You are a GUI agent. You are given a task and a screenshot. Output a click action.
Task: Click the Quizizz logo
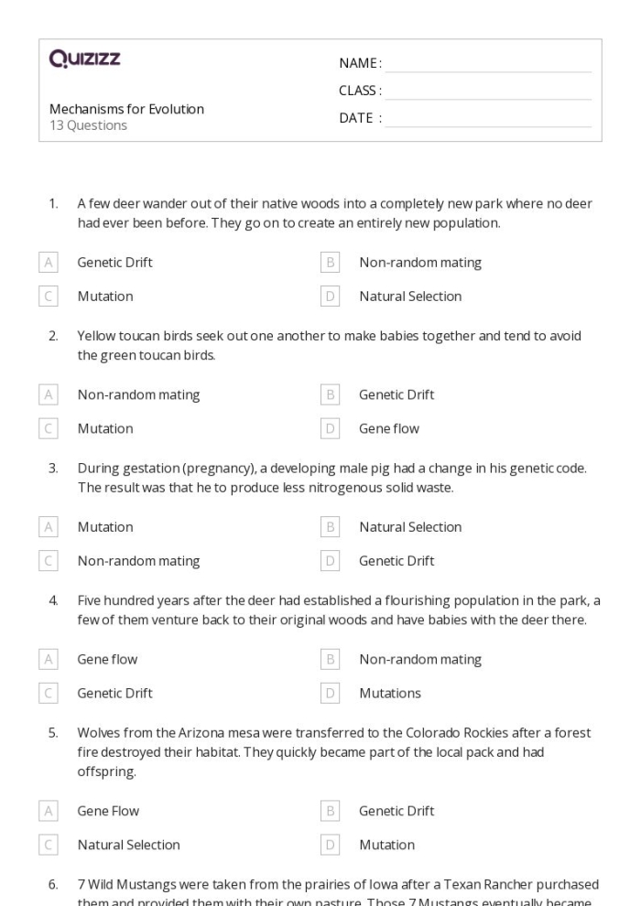[84, 60]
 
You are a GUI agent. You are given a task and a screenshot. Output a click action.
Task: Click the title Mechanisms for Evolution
[126, 109]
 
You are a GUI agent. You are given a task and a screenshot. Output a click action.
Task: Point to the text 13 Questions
[88, 125]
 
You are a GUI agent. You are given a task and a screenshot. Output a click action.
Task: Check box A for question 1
[49, 263]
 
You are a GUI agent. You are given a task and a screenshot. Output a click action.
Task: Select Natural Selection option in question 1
[409, 297]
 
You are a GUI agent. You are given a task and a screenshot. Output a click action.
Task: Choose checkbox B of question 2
[331, 395]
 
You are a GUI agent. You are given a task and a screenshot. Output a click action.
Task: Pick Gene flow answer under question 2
[388, 428]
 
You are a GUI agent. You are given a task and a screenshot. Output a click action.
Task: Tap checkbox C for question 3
[49, 561]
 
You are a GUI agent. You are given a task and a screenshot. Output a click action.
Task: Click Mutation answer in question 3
[104, 527]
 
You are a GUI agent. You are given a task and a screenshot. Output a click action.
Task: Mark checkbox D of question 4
[331, 693]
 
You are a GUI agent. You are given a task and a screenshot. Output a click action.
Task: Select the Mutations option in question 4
[389, 693]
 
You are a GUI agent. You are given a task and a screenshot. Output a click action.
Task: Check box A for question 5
[49, 811]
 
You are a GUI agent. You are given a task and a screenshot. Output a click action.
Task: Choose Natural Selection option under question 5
[128, 845]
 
